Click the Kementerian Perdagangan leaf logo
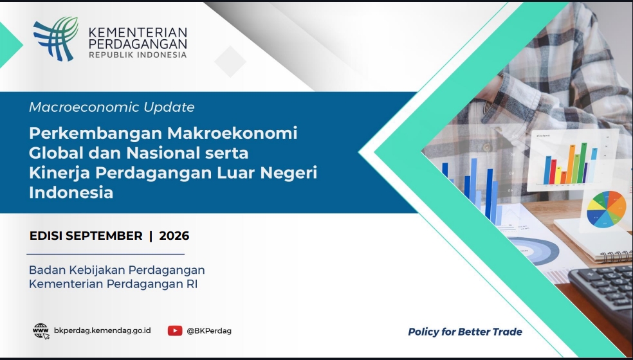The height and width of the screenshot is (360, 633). [56, 39]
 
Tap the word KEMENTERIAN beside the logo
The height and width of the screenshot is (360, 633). [138, 32]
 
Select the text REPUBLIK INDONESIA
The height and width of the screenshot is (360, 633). [138, 55]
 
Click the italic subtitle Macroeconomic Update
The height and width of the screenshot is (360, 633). [112, 107]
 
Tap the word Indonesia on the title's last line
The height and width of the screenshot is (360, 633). [71, 192]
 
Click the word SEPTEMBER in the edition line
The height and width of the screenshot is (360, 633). [104, 236]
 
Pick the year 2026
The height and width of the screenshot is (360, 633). [174, 236]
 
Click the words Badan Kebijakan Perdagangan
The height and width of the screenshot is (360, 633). [117, 269]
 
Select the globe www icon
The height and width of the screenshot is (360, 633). [41, 331]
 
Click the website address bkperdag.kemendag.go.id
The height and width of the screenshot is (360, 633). [102, 330]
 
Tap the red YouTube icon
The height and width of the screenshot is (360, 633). [175, 331]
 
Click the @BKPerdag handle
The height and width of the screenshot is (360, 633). [209, 331]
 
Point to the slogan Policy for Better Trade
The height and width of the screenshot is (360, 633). [465, 332]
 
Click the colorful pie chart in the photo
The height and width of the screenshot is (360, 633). [607, 209]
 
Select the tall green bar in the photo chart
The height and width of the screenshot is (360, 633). [583, 163]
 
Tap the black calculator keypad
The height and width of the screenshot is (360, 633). [601, 291]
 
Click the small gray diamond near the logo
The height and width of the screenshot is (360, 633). [230, 61]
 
